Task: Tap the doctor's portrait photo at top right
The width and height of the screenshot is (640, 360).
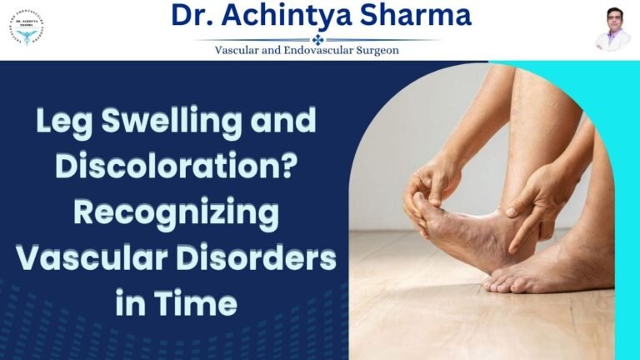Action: pyautogui.click(x=612, y=29)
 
